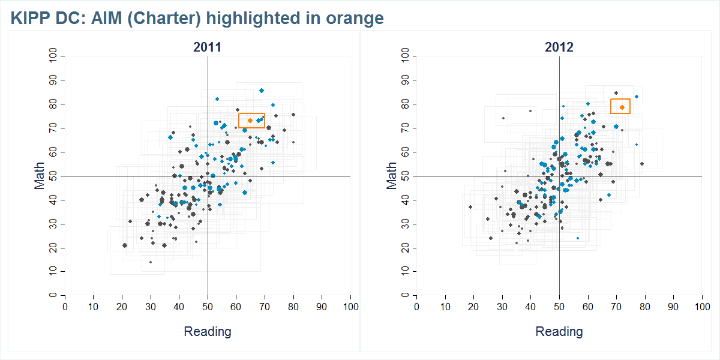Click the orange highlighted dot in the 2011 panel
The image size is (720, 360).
coord(250,121)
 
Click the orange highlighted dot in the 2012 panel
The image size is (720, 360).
coord(622,107)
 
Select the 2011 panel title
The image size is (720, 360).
coord(207,47)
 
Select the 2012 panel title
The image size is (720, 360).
coord(559,47)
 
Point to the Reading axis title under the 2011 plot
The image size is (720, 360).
coord(207,331)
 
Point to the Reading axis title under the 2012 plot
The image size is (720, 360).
coord(559,331)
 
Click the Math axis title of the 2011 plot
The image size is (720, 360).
coord(40,176)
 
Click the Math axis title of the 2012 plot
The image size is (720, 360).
coord(392,176)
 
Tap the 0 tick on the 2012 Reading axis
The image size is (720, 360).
coord(416,307)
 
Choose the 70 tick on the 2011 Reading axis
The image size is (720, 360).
coord(265,307)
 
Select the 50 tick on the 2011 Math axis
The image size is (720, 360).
coord(54,176)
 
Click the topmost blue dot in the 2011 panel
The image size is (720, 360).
coord(262,91)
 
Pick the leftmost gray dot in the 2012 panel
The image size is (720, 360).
coord(470,207)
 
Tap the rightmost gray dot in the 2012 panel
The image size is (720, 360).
coord(641,164)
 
